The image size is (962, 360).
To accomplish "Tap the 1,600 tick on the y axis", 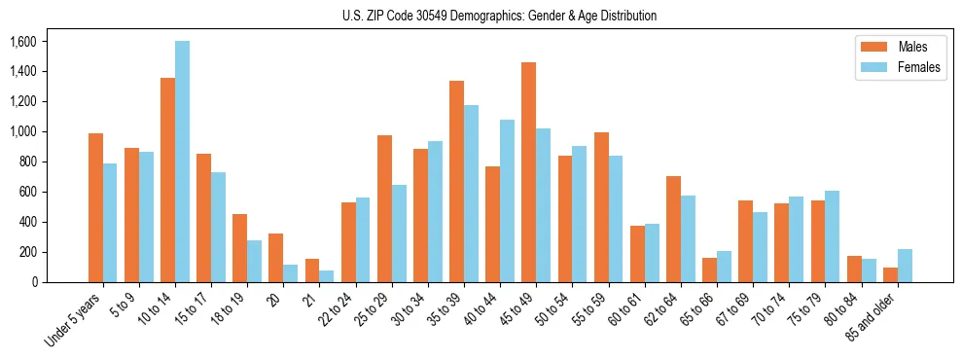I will [x=22, y=42].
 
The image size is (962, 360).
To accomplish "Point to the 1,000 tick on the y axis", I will [x=22, y=132].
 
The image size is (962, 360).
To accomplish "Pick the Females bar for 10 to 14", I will [x=183, y=162].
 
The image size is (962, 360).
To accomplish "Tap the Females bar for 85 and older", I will [x=905, y=266].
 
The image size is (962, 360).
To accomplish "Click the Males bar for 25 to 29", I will [x=384, y=208].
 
